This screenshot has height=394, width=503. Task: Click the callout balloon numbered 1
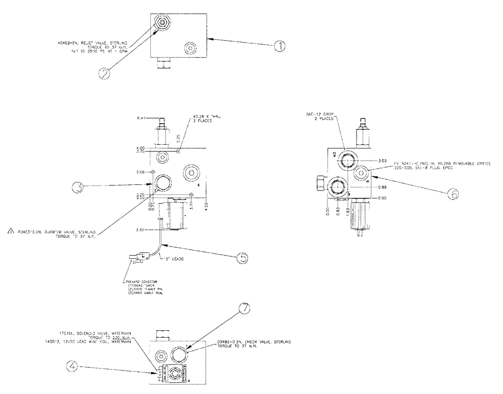pos(280,47)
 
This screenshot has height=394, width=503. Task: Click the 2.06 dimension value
pos(140,172)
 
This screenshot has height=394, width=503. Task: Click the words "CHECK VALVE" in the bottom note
pos(250,342)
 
